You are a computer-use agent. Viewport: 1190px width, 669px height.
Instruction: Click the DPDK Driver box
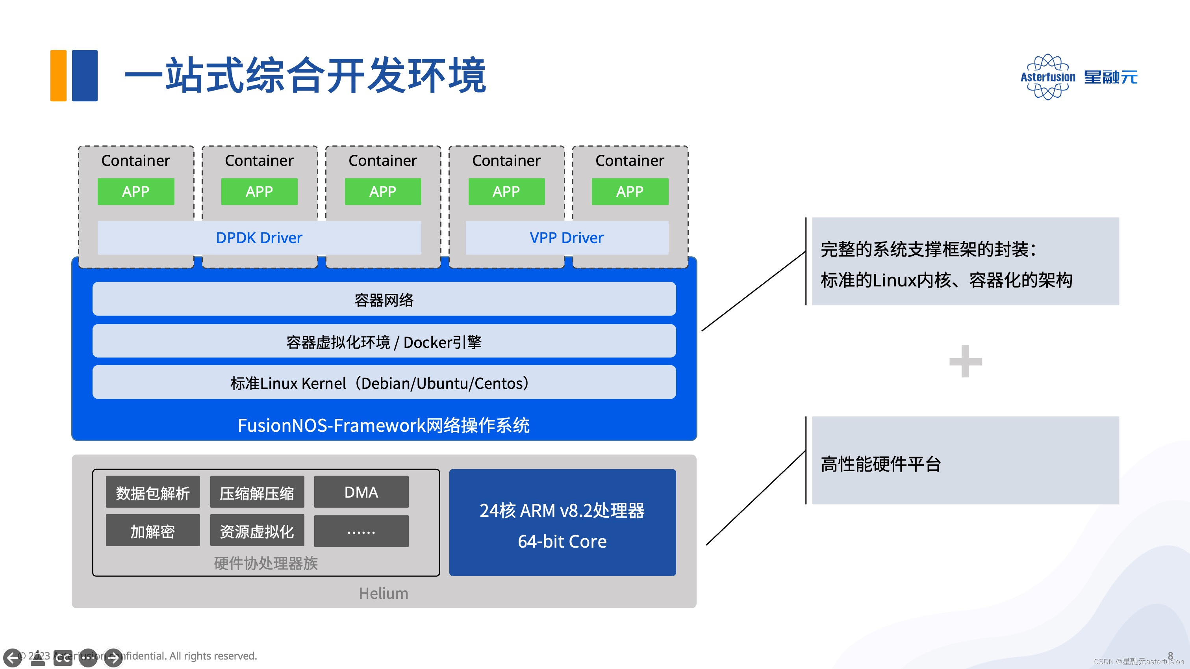[x=259, y=238]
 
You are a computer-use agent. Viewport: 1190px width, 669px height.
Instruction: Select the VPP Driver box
[x=566, y=238]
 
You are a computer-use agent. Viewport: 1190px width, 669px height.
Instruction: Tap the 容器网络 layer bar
[x=384, y=299]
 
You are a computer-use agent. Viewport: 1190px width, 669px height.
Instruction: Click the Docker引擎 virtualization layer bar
[x=384, y=342]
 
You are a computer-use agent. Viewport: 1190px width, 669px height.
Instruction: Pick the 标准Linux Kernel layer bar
[x=384, y=383]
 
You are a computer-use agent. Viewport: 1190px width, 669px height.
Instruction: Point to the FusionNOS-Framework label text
[x=384, y=425]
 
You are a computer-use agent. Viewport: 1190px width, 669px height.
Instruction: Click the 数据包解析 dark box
[x=153, y=492]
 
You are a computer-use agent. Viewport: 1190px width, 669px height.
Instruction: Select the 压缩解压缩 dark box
[x=257, y=492]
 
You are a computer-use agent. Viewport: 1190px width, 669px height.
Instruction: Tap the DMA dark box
[x=361, y=492]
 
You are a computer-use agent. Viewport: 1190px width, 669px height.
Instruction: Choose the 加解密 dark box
[x=153, y=531]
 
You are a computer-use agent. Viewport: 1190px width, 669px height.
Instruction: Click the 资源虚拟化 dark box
[x=257, y=531]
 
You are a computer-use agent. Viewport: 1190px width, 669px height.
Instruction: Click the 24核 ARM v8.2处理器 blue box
[x=562, y=523]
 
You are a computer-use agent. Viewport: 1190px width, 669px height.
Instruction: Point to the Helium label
[x=384, y=593]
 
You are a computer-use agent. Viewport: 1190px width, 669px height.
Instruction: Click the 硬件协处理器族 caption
[x=266, y=563]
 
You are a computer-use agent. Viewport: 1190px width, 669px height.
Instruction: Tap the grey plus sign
[x=966, y=361]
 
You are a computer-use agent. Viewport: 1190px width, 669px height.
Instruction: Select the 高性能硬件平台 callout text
[x=880, y=464]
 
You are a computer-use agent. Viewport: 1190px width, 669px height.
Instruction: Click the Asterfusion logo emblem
[x=1048, y=77]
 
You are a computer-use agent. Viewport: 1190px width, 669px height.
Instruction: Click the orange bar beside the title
[x=59, y=75]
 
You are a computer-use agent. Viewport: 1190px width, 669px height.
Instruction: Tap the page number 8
[x=1170, y=655]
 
